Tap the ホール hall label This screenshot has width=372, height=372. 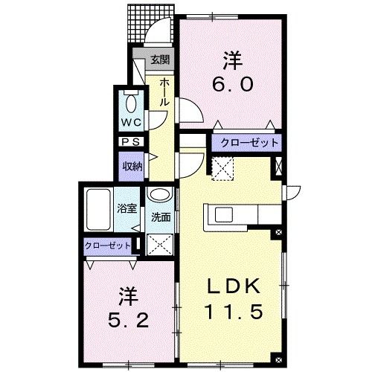click(162, 92)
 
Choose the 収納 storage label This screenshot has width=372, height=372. click(132, 167)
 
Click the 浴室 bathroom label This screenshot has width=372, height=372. click(126, 209)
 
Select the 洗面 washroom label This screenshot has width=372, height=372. click(161, 218)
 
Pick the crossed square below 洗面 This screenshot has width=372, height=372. click(158, 243)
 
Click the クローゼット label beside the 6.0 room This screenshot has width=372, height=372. click(246, 142)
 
